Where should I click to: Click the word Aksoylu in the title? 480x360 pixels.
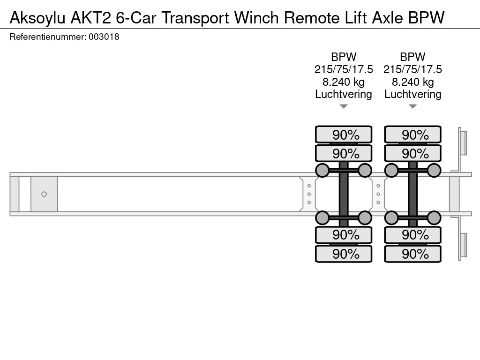37,18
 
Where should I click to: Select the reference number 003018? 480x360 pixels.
104,37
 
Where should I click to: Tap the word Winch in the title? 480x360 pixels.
256,18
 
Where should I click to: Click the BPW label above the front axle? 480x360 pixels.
344,57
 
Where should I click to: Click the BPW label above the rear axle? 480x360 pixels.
412,57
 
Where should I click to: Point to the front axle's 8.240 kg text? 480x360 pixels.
344,82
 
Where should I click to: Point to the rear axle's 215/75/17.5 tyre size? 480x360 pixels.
412,69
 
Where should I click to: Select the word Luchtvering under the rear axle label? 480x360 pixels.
412,94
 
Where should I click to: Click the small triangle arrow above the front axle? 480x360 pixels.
344,106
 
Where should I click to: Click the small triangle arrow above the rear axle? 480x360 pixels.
412,106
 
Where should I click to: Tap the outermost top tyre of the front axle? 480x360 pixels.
344,134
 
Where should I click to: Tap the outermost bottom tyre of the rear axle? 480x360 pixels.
412,254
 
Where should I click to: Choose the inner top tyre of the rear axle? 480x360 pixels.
412,153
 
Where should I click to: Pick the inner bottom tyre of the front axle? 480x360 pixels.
344,235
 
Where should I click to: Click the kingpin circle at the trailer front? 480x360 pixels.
44,194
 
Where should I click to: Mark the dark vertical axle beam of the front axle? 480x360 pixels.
344,194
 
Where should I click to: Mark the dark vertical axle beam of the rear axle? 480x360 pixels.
412,194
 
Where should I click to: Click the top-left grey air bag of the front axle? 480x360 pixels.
322,171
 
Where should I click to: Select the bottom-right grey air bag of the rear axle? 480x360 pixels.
434,218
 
